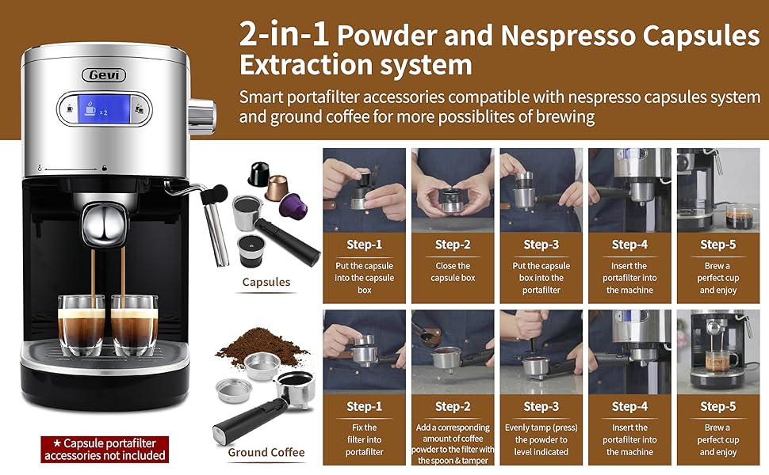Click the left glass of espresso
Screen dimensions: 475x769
[81, 325]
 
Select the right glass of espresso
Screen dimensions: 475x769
[132, 325]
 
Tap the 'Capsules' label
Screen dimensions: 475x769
[266, 282]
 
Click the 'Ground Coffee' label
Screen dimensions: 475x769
[266, 453]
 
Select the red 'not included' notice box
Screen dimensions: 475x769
[105, 449]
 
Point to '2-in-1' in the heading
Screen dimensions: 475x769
[285, 36]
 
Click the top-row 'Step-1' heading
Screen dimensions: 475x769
[364, 245]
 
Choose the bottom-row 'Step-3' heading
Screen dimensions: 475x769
[541, 406]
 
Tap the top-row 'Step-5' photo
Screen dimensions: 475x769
[717, 189]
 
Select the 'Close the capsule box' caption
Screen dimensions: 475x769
[452, 272]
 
